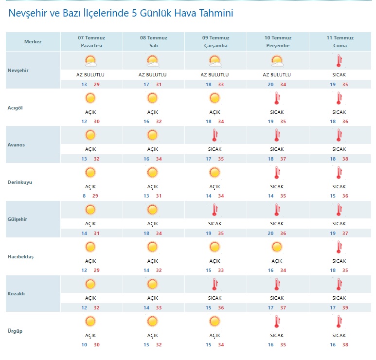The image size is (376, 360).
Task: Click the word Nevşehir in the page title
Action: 28,13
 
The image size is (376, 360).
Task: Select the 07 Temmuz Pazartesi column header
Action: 91,41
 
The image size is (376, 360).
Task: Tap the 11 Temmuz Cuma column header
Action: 340,41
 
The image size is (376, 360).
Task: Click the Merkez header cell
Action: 33,41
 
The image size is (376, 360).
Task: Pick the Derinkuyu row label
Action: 19,182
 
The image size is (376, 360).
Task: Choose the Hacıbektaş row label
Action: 20,257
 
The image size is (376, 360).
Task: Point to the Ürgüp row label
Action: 15,331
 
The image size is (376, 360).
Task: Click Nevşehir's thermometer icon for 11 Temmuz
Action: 339,61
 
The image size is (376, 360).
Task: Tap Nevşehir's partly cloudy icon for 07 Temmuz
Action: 90,61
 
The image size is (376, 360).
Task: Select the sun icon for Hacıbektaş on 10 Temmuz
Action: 277,247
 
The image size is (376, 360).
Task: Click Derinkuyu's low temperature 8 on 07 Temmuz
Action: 84,196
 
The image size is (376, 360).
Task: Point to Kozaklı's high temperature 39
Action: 345,307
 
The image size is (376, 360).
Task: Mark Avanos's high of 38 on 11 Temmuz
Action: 345,159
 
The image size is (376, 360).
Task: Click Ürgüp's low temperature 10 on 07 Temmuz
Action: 84,344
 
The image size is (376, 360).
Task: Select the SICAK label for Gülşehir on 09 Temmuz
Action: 215,223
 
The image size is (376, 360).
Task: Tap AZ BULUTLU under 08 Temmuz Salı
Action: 153,74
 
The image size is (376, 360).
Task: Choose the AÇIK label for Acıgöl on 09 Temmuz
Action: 215,112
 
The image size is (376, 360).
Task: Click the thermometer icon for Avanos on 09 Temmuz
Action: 215,135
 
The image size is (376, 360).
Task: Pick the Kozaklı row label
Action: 16,293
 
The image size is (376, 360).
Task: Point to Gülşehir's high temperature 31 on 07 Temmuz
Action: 96,233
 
